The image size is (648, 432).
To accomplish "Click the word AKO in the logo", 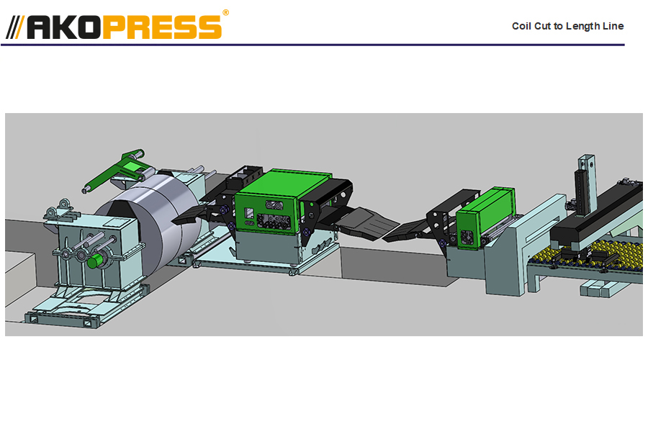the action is (x=64, y=27).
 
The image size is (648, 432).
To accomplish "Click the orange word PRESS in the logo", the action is (x=162, y=27).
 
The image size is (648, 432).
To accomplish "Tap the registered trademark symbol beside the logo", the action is (x=225, y=13).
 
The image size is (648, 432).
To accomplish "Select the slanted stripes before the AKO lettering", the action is (x=15, y=27).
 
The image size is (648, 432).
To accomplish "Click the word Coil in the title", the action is (x=521, y=26).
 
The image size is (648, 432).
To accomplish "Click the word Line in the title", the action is (x=613, y=26).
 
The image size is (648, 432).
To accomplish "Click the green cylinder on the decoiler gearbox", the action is (x=95, y=261).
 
